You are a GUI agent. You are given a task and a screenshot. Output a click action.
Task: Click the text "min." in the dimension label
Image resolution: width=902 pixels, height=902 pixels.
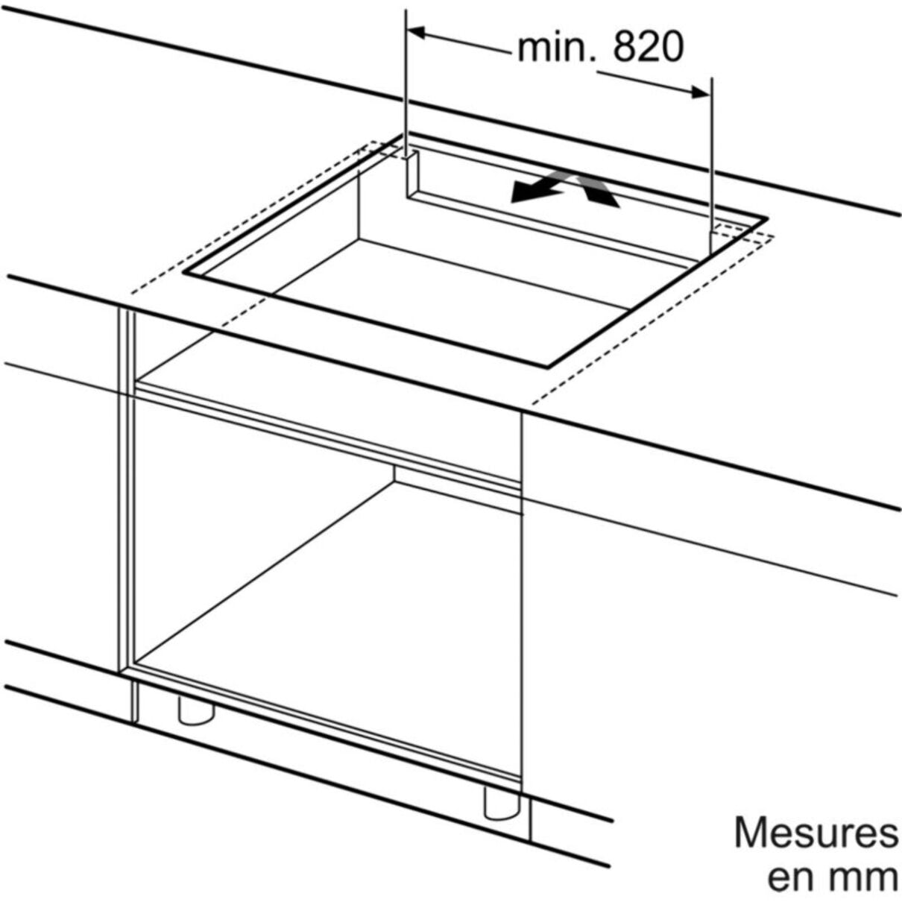coord(557,47)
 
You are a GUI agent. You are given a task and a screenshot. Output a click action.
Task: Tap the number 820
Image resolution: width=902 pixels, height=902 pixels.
coord(649,47)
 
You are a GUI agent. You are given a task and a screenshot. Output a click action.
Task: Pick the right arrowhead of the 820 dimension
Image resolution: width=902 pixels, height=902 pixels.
coord(701,92)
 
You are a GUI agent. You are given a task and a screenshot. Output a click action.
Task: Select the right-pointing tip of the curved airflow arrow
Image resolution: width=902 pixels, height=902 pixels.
coord(618,206)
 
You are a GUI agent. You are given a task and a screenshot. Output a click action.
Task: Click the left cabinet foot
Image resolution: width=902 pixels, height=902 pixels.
coord(196,713)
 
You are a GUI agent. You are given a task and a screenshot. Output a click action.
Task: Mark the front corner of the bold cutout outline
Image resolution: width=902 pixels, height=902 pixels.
coord(546,368)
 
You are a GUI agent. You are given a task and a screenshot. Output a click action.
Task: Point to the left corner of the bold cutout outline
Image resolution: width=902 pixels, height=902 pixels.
coord(184,272)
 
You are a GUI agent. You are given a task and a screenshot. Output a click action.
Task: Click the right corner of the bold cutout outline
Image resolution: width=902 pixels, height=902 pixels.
coord(766,218)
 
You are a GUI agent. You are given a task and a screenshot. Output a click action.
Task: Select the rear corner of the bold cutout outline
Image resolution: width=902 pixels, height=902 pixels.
coord(403,135)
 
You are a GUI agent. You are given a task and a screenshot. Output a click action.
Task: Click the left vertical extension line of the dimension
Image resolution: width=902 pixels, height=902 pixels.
coord(406,85)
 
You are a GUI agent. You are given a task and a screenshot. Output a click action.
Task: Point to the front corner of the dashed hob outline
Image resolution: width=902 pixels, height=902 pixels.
coord(532,404)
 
